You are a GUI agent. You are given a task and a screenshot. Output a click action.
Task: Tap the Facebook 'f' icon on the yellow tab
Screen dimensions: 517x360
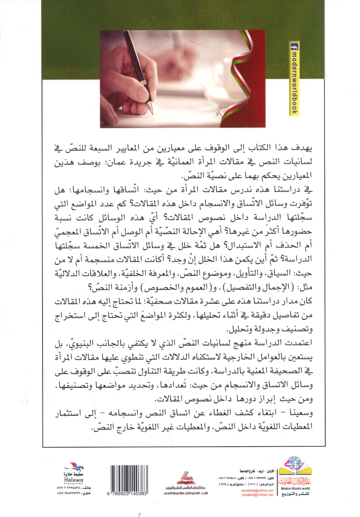[294, 47]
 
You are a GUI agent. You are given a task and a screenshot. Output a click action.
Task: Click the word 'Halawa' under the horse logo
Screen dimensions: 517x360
[73, 480]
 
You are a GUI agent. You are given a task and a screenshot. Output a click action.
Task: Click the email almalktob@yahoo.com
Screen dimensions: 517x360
[261, 490]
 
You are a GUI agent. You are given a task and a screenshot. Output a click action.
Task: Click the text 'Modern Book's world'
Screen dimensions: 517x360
[295, 488]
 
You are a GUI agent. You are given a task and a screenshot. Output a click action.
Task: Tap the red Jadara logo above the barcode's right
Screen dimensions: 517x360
[185, 477]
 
